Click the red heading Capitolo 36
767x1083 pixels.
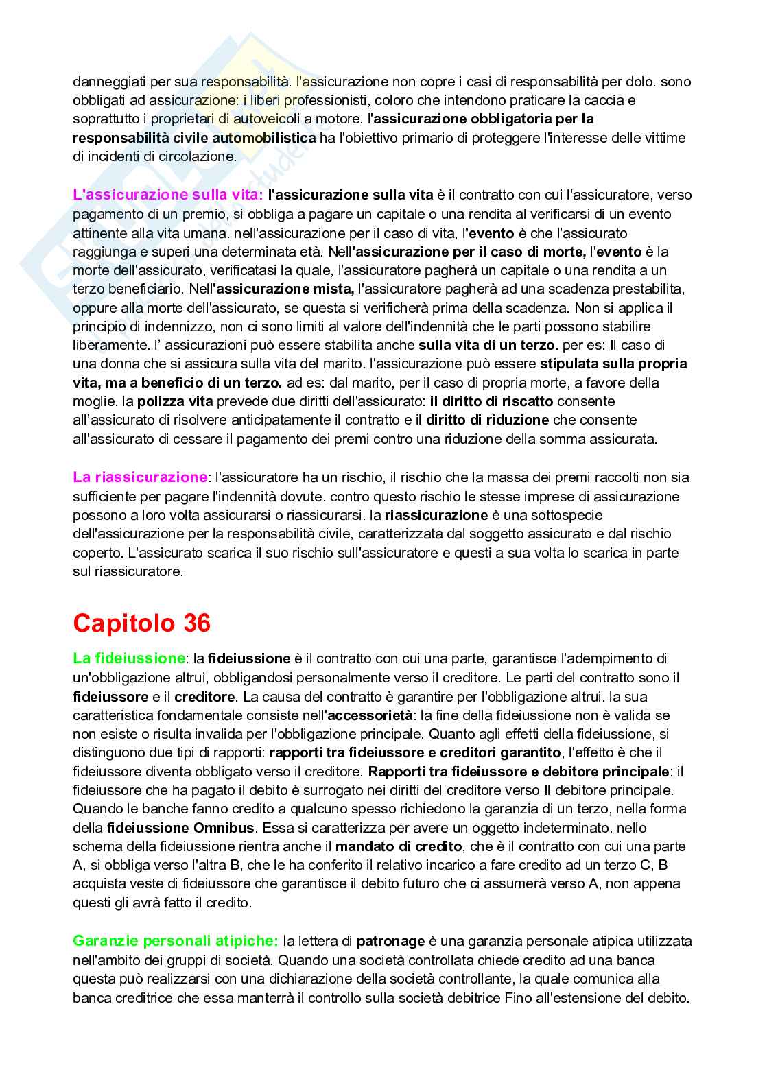[141, 623]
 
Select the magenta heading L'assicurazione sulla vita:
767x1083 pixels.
[168, 195]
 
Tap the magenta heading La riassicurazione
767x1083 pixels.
[140, 477]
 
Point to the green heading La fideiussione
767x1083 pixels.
[128, 658]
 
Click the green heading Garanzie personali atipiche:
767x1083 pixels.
[176, 941]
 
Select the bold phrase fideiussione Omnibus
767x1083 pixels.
[181, 828]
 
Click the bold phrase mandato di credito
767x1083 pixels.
[399, 846]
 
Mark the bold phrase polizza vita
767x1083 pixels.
[175, 401]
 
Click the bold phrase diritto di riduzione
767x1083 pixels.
[487, 420]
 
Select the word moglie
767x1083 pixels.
[93, 401]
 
